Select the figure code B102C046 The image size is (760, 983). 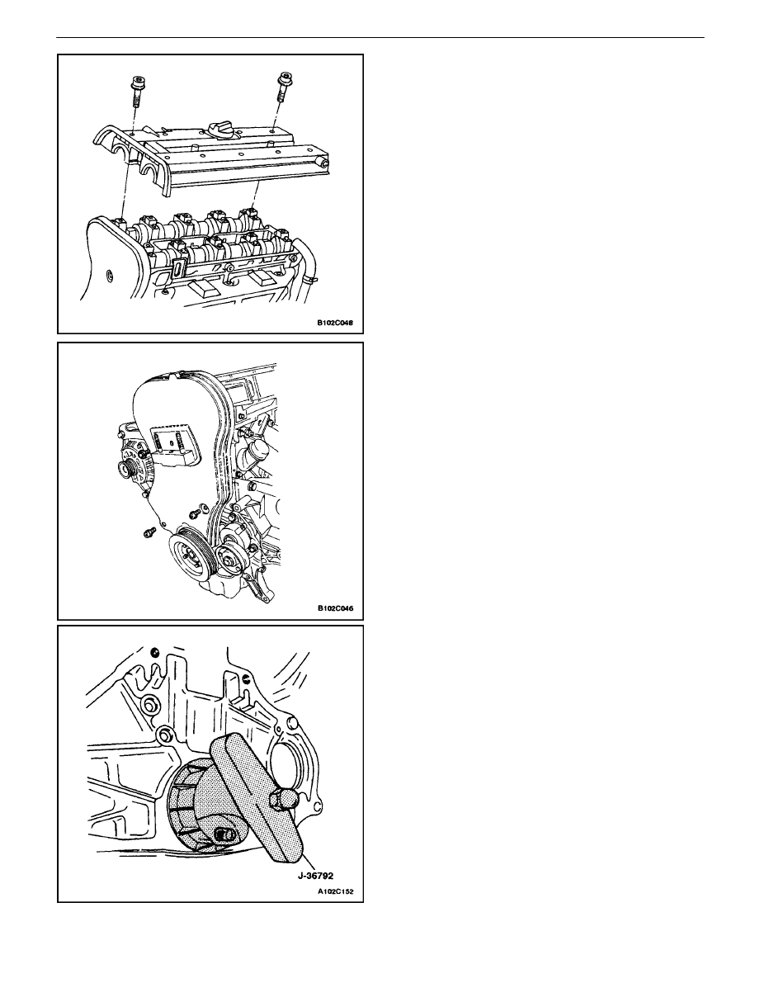tap(334, 608)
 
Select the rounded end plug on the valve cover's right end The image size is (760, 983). tap(324, 163)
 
